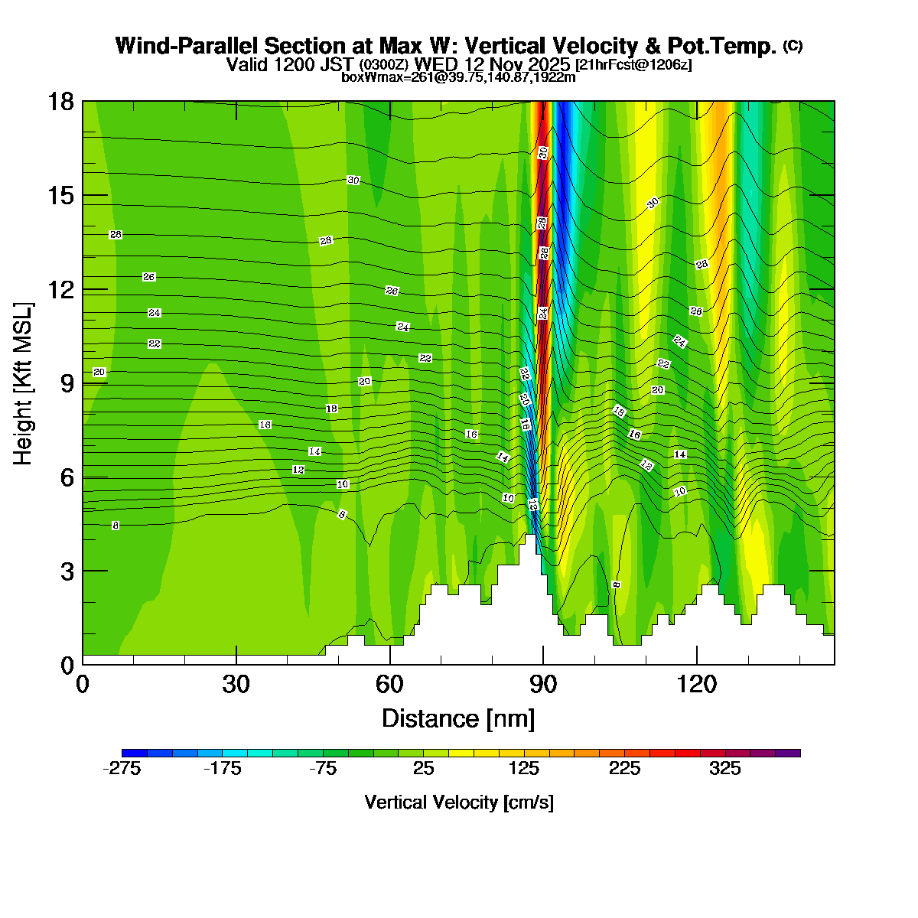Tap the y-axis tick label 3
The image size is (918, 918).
(68, 571)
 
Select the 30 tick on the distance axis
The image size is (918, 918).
(236, 684)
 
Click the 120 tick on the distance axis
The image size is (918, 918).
(697, 684)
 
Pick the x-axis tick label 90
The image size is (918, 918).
(543, 684)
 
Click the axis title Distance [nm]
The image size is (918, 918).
(458, 719)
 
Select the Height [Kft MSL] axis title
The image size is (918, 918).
(24, 383)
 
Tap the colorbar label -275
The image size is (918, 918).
(122, 770)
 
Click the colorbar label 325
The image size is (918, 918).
(725, 770)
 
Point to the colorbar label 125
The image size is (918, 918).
(524, 770)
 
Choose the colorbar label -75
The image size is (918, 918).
(323, 770)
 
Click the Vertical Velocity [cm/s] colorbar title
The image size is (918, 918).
(459, 802)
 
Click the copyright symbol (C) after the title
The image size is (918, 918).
(793, 46)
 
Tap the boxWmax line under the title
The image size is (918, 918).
(458, 77)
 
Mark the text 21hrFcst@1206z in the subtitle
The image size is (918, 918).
(633, 65)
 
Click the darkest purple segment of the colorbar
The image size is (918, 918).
(788, 753)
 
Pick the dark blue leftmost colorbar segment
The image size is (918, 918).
(134, 753)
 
